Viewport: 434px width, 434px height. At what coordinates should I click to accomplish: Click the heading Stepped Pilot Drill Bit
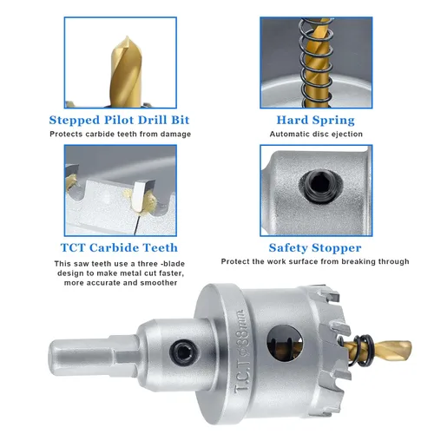[x=119, y=121]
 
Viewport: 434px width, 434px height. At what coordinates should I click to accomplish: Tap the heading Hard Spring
[x=316, y=121]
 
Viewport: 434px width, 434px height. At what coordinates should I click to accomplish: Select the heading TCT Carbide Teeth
[x=119, y=248]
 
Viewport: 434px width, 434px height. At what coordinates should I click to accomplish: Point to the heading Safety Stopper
[x=315, y=248]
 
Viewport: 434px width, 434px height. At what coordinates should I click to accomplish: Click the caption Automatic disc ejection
[x=316, y=135]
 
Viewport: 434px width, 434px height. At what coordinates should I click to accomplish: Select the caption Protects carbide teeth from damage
[x=121, y=135]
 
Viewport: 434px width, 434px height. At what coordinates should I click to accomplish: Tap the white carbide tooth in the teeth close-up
[x=140, y=194]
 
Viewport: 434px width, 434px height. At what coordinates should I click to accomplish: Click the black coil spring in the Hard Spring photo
[x=316, y=62]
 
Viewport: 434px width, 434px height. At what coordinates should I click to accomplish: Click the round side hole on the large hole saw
[x=285, y=343]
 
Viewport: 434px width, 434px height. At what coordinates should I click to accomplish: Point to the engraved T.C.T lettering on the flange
[x=242, y=374]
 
